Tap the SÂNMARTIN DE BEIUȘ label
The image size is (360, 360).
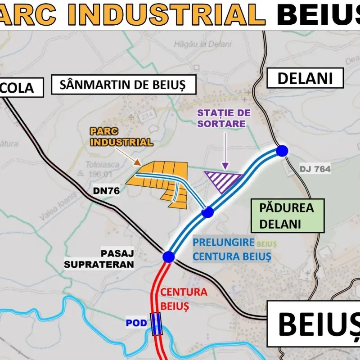click(124, 84)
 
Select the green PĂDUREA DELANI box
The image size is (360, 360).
click(287, 216)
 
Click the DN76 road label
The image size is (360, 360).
click(106, 190)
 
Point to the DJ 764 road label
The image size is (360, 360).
click(315, 169)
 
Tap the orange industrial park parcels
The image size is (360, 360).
click(157, 180)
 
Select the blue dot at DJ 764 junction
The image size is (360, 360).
click(282, 151)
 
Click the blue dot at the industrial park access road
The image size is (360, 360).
click(207, 212)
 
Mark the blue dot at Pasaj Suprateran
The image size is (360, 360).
click(168, 256)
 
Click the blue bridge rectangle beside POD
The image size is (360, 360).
click(156, 324)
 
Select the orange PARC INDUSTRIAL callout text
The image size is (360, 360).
click(121, 137)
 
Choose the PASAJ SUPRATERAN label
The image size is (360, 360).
click(99, 259)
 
